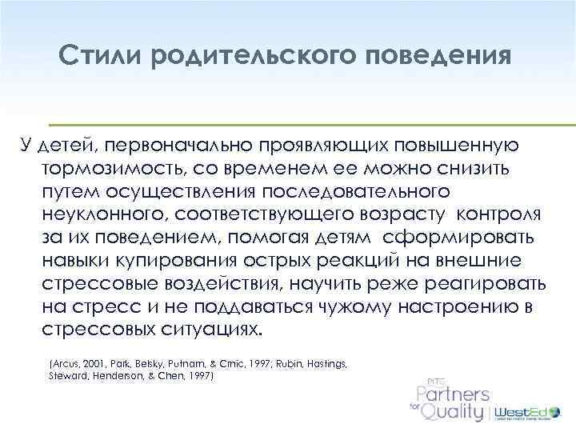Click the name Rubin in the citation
coord(282,363)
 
